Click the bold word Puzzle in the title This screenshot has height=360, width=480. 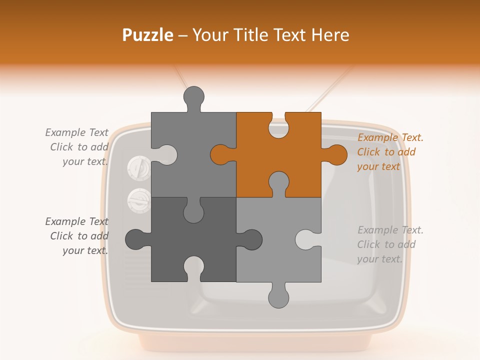[147, 35]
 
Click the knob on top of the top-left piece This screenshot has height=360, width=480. [194, 96]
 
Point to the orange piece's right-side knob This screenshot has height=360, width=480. [336, 154]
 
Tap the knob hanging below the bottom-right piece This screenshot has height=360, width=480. [278, 297]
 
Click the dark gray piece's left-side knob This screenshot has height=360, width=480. [135, 239]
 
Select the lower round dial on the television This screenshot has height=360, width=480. [139, 200]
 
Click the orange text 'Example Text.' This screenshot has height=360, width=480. [390, 137]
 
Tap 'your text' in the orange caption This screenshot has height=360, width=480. [378, 166]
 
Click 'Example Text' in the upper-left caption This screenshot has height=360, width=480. [76, 132]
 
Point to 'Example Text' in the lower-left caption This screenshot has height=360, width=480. [76, 221]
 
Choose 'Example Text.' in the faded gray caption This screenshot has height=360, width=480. [390, 230]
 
